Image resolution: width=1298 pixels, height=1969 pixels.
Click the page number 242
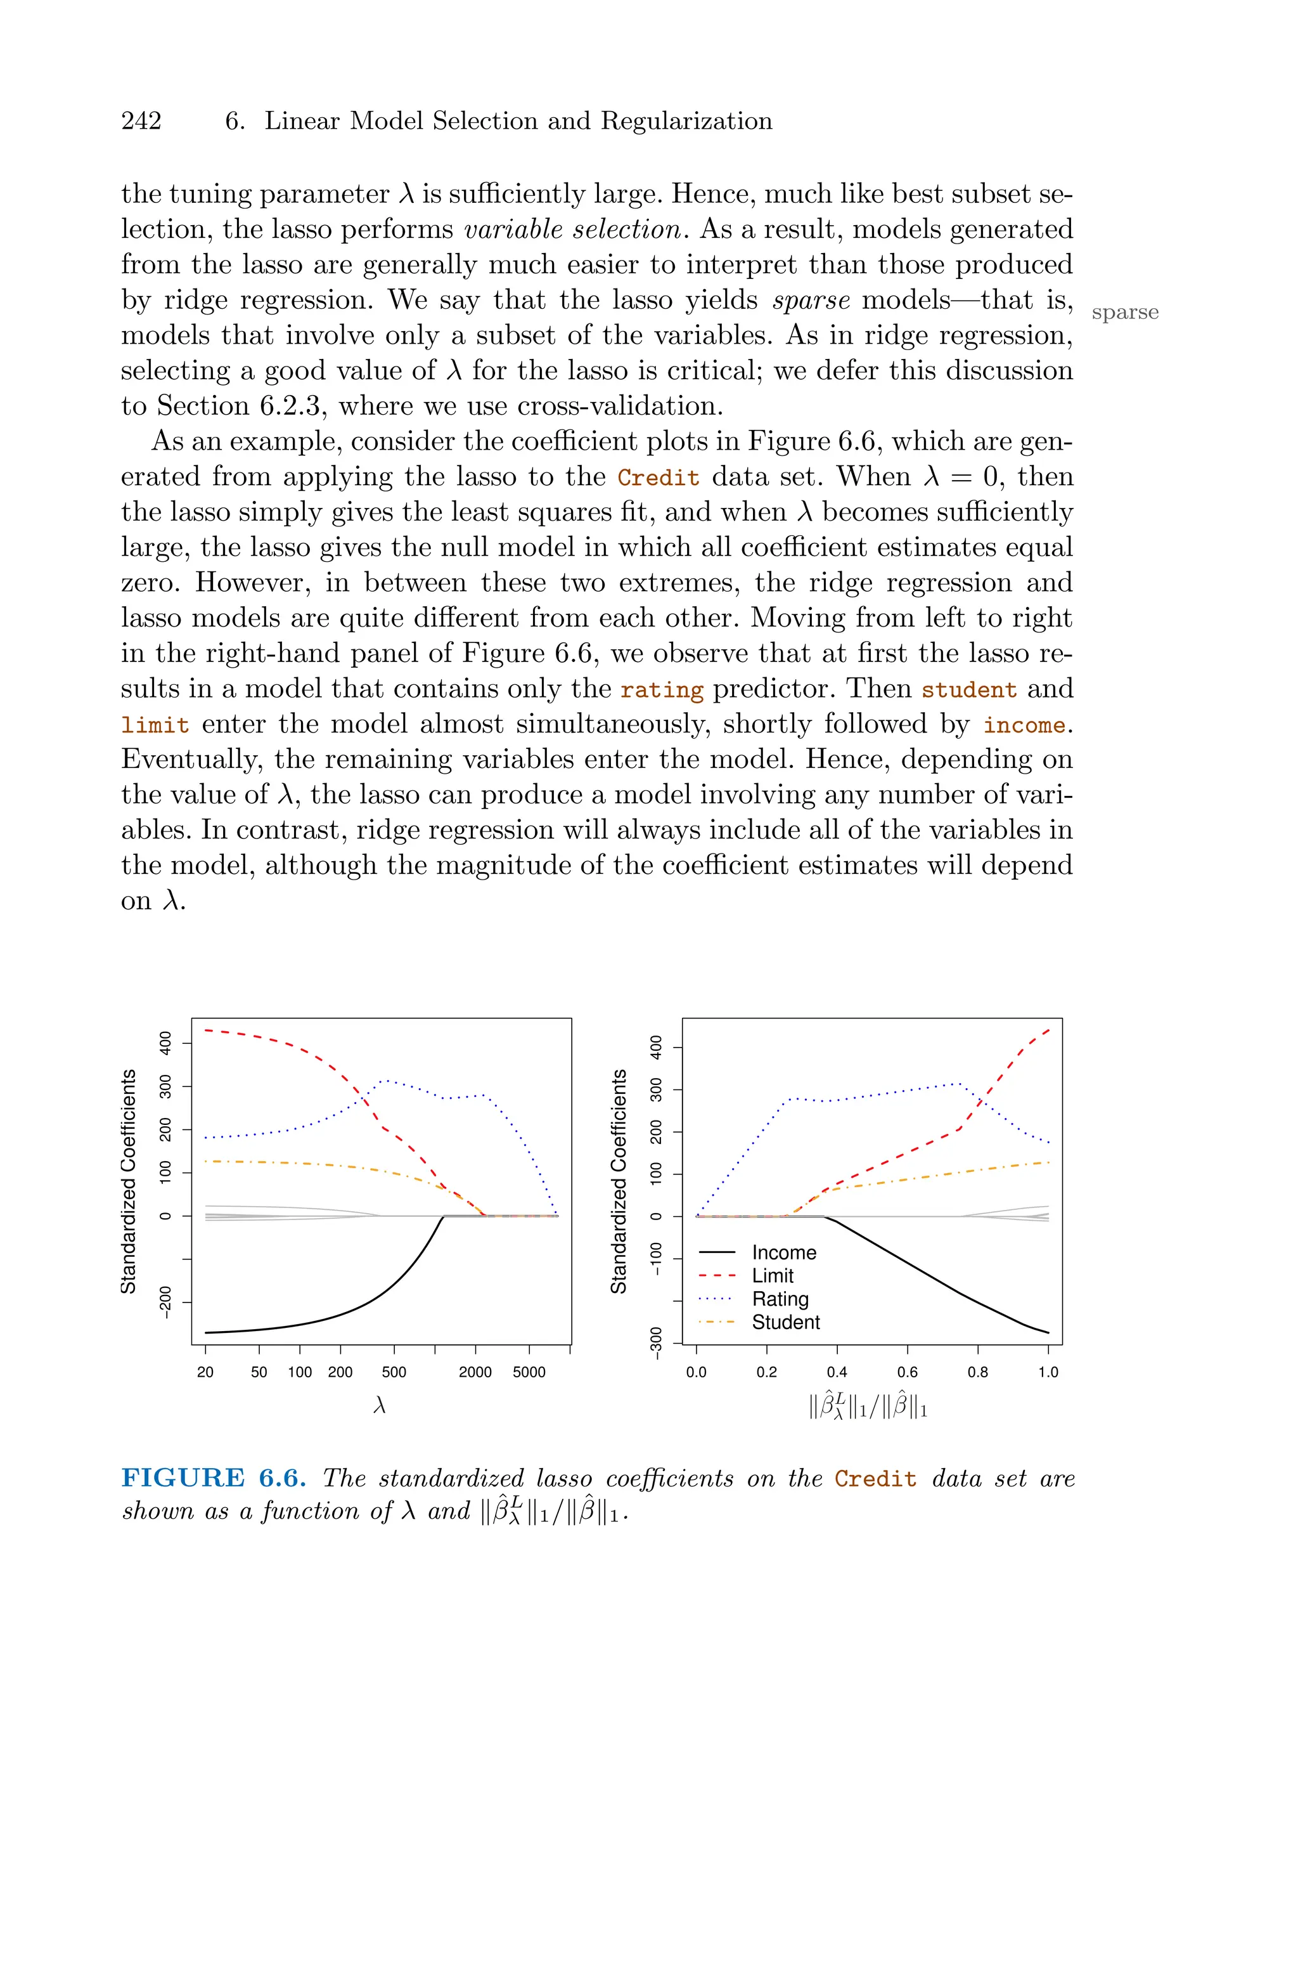coord(141,122)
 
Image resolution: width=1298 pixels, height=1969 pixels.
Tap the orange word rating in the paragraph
coord(662,691)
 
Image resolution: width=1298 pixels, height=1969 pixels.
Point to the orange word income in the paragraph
coord(1025,726)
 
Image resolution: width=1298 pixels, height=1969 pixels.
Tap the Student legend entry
coord(785,1322)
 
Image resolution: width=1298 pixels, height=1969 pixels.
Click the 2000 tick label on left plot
coord(475,1372)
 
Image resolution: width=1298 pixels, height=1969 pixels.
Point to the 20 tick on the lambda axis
coord(205,1372)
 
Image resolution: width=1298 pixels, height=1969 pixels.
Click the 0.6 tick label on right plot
coord(908,1372)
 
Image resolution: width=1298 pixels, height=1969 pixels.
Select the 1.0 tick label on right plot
coord(1048,1372)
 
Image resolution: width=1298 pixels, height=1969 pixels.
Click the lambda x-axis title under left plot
coord(380,1406)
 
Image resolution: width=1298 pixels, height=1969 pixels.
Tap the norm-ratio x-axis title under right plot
coord(868,1407)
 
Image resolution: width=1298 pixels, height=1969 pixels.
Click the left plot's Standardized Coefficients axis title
coord(128,1181)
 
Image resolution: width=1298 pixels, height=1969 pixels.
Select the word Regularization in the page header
coord(686,122)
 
